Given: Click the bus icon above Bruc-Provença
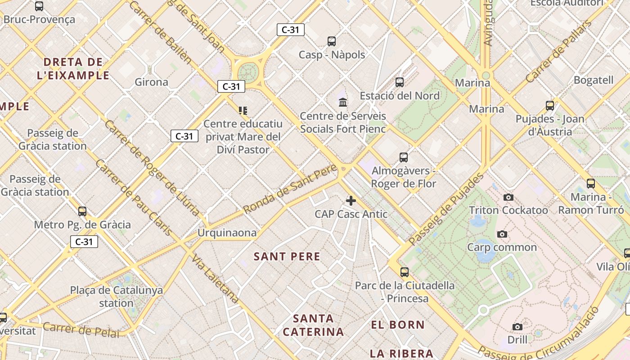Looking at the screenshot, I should pyautogui.click(x=39, y=6).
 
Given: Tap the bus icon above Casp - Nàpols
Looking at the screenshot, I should pyautogui.click(x=332, y=41).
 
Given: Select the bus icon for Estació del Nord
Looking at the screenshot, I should pyautogui.click(x=400, y=82).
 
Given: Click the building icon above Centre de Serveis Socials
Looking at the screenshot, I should pyautogui.click(x=343, y=102).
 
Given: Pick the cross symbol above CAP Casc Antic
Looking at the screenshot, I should pyautogui.click(x=351, y=201).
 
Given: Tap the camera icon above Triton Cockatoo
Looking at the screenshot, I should pyautogui.click(x=508, y=197).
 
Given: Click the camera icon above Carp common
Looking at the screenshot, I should pyautogui.click(x=502, y=234).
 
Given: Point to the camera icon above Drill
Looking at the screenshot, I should pyautogui.click(x=517, y=327).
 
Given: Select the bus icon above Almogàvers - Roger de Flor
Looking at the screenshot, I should pyautogui.click(x=404, y=157).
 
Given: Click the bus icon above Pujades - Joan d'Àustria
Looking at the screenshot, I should pyautogui.click(x=550, y=106).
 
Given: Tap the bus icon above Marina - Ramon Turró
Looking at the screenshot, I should pyautogui.click(x=591, y=184).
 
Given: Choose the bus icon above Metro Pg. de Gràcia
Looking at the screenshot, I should pyautogui.click(x=82, y=211).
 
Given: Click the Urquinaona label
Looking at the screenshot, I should pyautogui.click(x=227, y=233).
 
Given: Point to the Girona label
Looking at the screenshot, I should pyautogui.click(x=152, y=82).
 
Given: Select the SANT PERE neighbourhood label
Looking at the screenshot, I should pyautogui.click(x=287, y=256).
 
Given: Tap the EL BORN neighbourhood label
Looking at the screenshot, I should pyautogui.click(x=398, y=324).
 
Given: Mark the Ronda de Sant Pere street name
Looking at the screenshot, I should pyautogui.click(x=290, y=189).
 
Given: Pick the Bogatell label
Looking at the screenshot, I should pyautogui.click(x=594, y=80).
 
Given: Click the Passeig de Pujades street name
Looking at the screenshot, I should pyautogui.click(x=446, y=209).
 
